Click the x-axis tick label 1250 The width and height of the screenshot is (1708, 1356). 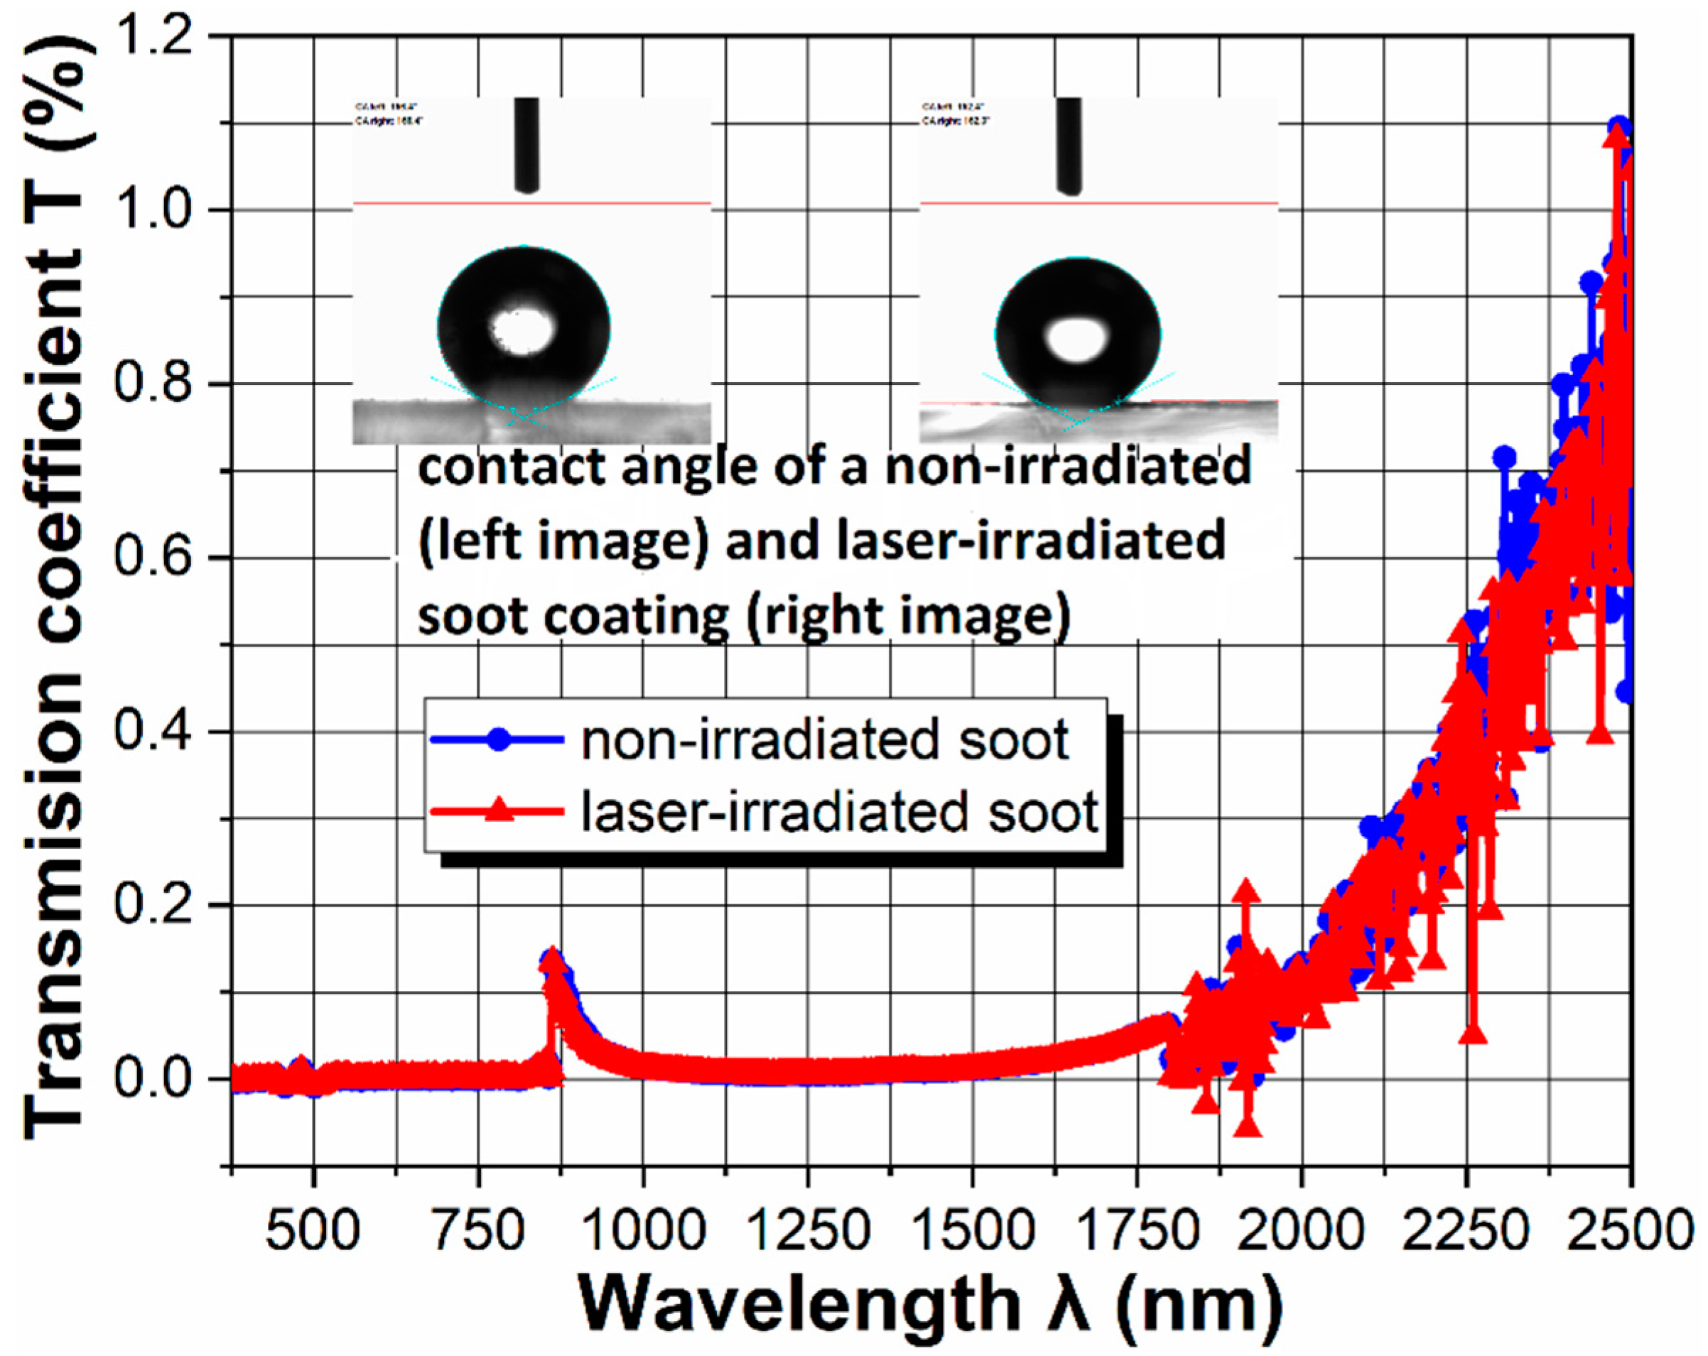pyautogui.click(x=808, y=1231)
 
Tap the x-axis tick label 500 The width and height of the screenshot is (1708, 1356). pyautogui.click(x=314, y=1231)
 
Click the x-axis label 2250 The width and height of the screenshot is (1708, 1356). pyautogui.click(x=1465, y=1231)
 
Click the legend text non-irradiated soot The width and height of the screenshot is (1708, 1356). pyautogui.click(x=825, y=741)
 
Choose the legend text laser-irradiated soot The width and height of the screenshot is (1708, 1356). pyautogui.click(x=839, y=812)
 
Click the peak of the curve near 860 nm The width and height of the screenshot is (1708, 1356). pyautogui.click(x=552, y=959)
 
